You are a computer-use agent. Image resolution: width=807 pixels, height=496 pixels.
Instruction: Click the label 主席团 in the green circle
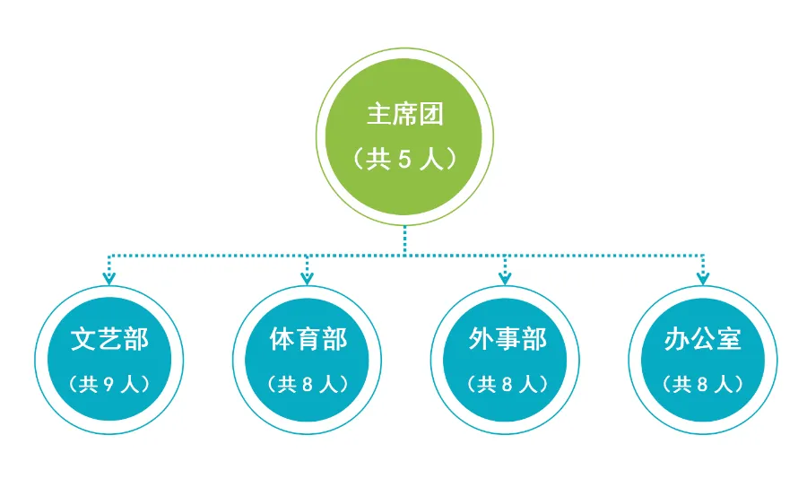(405, 115)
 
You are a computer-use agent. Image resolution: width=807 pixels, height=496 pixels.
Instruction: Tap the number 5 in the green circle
(403, 160)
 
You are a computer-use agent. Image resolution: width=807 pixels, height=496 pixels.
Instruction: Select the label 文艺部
(109, 340)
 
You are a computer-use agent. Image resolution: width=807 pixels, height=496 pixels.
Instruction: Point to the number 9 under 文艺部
(108, 385)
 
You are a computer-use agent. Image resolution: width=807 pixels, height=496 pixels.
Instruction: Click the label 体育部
(308, 340)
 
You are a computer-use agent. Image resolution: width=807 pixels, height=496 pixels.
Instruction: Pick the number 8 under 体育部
(308, 385)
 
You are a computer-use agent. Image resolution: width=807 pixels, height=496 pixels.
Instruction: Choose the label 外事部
(507, 340)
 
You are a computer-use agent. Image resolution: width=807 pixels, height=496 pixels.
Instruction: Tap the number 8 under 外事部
(507, 385)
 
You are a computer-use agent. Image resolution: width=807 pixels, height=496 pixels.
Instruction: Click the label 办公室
(703, 340)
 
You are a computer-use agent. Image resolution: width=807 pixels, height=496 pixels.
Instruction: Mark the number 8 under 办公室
(703, 385)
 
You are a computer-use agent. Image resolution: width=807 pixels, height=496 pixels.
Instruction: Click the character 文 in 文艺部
(83, 340)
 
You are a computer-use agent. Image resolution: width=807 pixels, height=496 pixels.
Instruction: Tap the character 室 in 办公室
(729, 340)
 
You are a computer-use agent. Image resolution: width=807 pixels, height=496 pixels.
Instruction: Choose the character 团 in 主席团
(431, 115)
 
